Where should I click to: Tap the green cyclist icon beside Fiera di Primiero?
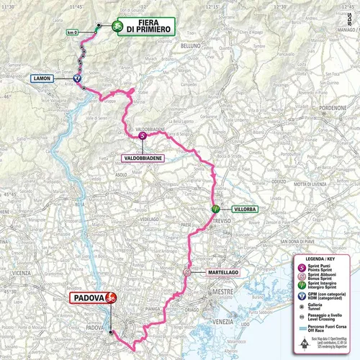click(115, 26)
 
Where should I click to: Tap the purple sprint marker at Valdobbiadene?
click(142, 135)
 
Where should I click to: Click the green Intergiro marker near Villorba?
click(214, 209)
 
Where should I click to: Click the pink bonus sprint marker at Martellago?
click(186, 272)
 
